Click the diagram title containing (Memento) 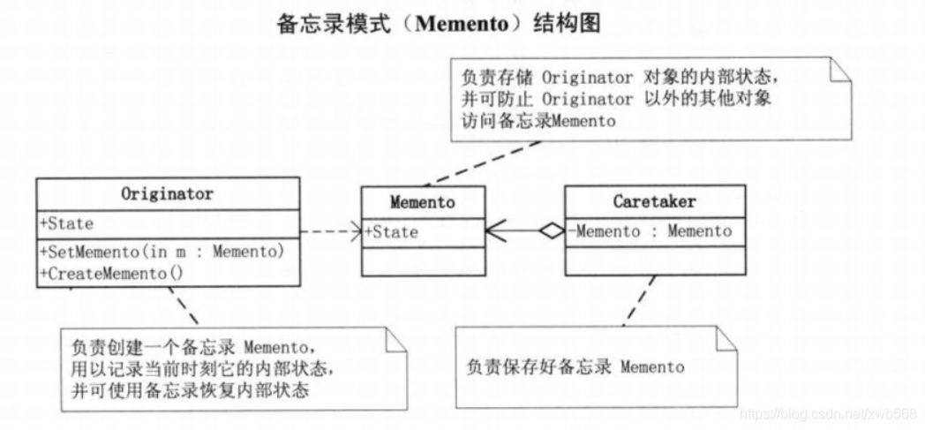click(439, 24)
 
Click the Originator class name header click(167, 192)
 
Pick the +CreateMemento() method click(111, 274)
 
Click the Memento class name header click(422, 202)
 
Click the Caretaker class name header click(654, 201)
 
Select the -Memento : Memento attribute click(651, 231)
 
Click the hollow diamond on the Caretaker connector click(552, 231)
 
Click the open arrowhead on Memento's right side click(494, 231)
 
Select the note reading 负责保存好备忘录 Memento click(575, 366)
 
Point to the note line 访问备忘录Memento click(538, 122)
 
